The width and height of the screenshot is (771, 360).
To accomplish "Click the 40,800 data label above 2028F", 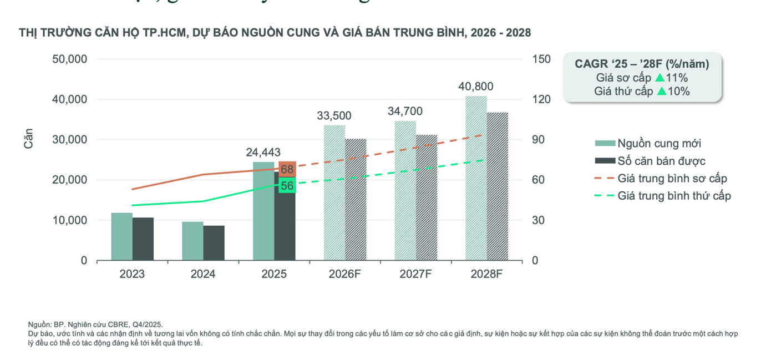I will [x=475, y=87].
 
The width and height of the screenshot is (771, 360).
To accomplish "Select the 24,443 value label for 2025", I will [x=263, y=152].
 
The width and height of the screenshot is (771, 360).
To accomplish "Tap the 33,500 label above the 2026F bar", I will [x=334, y=115].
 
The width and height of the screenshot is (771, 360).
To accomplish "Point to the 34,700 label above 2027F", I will [x=405, y=111].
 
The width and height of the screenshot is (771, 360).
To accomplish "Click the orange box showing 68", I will [x=287, y=169].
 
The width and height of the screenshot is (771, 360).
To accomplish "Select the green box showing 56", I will [x=287, y=186].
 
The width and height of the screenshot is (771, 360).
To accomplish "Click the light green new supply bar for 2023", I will [x=121, y=237].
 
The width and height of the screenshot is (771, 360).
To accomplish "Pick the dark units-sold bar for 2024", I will [x=214, y=243].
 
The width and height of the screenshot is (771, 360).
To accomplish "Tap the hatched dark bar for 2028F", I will [x=497, y=186].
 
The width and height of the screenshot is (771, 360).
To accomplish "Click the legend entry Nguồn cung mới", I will [x=659, y=144].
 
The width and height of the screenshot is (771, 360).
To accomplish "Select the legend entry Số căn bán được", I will [x=661, y=161].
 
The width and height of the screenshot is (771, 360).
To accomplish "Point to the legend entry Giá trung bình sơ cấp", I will [x=672, y=179].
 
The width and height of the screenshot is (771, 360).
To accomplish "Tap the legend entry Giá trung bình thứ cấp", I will [x=674, y=196].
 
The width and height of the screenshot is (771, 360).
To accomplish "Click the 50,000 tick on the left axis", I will [x=69, y=59].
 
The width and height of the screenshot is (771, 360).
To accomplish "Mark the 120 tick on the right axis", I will [x=541, y=100].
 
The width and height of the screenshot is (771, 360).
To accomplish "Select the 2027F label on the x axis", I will [x=415, y=274].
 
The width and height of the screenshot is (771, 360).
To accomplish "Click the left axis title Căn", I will [x=29, y=139].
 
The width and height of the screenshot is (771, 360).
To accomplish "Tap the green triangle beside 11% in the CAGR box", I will [x=660, y=78].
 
